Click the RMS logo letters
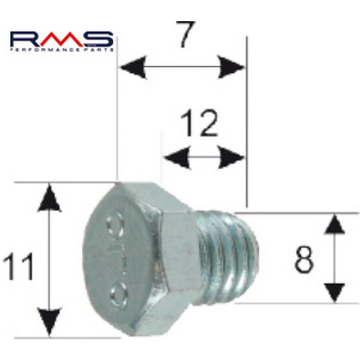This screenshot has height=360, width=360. [x=62, y=37]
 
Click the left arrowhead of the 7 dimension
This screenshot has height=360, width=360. [x=130, y=67]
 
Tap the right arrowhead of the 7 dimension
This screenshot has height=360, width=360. [x=231, y=67]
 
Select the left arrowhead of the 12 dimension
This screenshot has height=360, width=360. [x=173, y=158]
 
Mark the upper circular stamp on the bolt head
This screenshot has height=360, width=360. [x=117, y=220]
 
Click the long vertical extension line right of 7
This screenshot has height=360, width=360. [x=247, y=120]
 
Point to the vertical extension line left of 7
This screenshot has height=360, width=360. [x=117, y=120]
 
